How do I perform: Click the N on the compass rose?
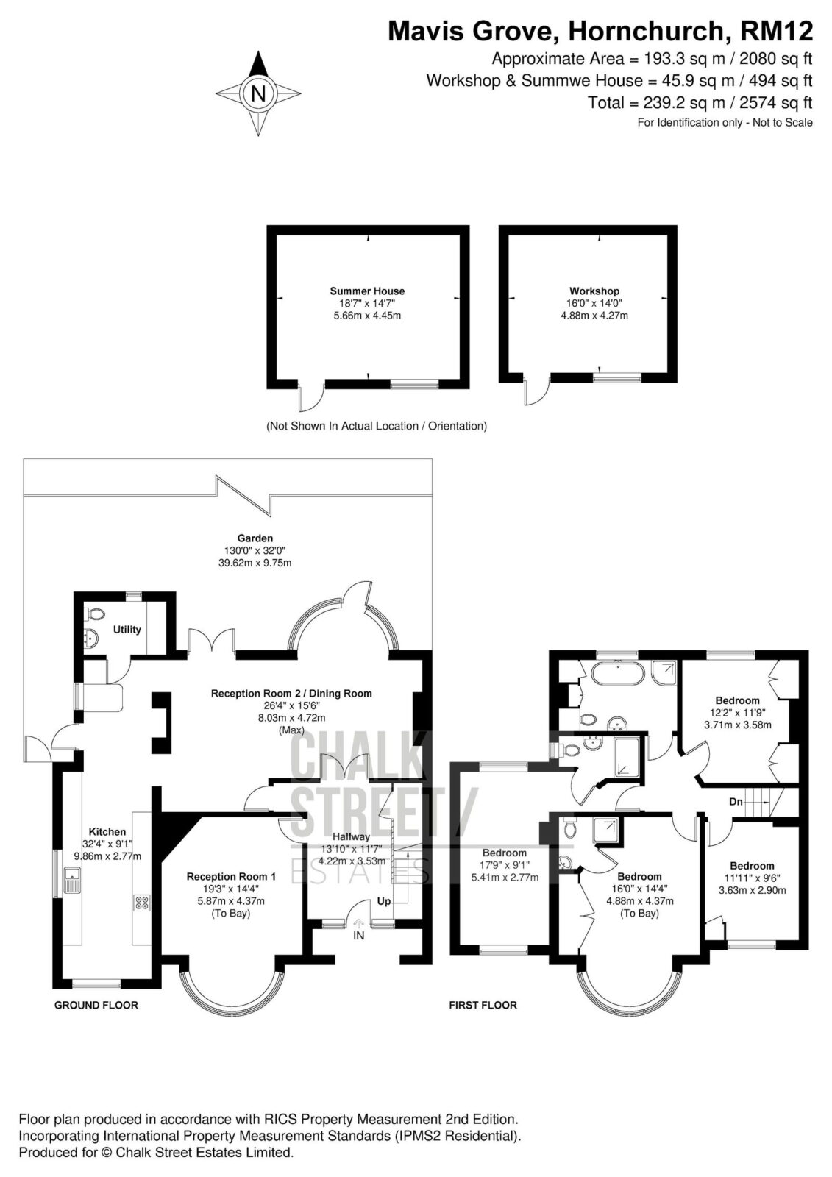click(258, 93)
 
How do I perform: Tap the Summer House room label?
click(367, 291)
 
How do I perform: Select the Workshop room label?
click(594, 291)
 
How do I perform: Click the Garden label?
click(255, 538)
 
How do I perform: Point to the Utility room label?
click(127, 630)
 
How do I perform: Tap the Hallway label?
click(351, 836)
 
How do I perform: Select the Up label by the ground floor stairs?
click(384, 901)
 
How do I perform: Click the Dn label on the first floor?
click(736, 802)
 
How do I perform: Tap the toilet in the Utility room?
click(95, 614)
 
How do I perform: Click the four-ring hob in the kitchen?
click(142, 903)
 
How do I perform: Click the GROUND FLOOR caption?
click(96, 1005)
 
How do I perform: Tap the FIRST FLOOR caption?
click(483, 1005)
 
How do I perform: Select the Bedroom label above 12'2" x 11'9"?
click(737, 700)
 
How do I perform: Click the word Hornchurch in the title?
click(646, 31)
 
